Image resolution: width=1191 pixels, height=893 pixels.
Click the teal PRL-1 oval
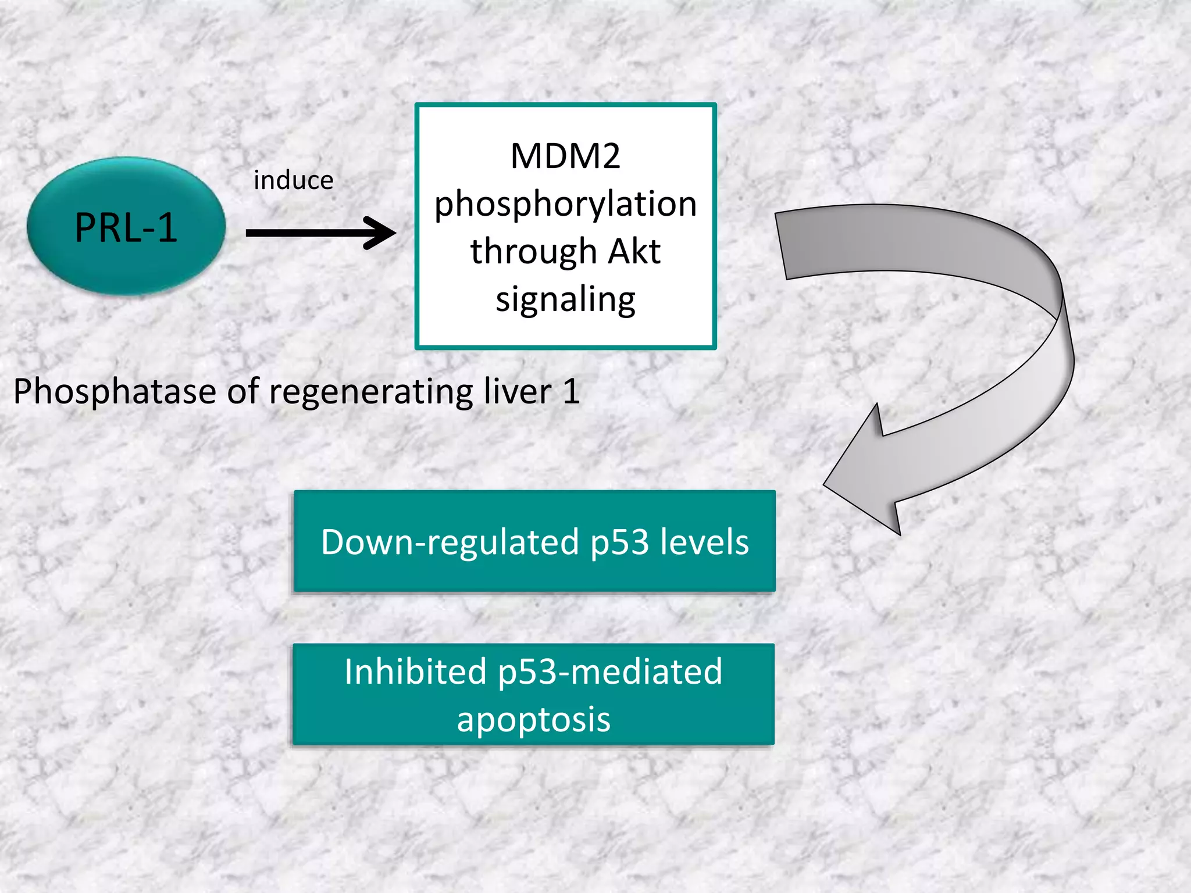126,227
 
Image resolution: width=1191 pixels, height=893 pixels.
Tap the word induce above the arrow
294,181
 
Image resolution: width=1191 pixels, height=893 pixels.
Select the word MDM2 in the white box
565,156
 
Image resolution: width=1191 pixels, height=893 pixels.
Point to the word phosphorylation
565,205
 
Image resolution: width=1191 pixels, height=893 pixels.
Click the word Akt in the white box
634,252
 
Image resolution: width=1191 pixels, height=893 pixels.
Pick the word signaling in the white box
565,300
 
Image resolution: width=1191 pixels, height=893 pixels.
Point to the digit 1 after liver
571,391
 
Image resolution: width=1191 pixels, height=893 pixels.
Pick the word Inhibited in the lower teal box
415,672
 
